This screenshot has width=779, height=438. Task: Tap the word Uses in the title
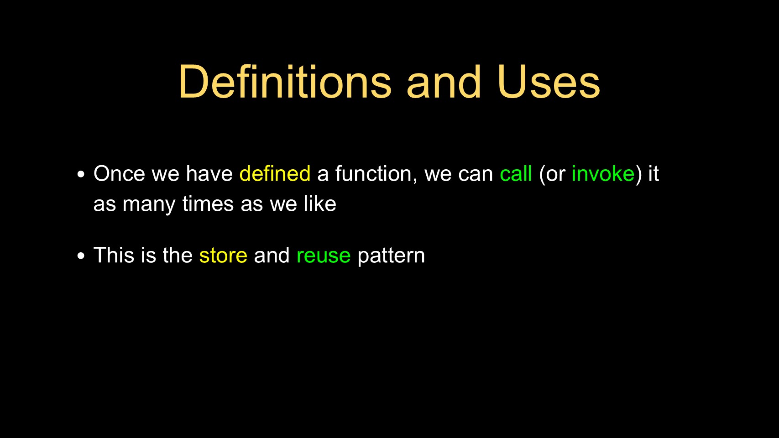click(x=549, y=82)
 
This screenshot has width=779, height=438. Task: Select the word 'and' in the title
click(x=444, y=82)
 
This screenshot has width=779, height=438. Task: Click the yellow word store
click(x=223, y=255)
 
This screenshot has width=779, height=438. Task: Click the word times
click(x=208, y=203)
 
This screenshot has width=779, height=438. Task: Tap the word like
click(x=320, y=203)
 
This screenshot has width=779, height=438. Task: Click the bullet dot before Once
click(x=81, y=174)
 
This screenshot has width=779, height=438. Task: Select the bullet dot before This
click(x=81, y=256)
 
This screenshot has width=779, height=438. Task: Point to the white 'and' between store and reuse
click(x=272, y=255)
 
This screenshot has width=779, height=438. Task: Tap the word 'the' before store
click(x=178, y=255)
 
